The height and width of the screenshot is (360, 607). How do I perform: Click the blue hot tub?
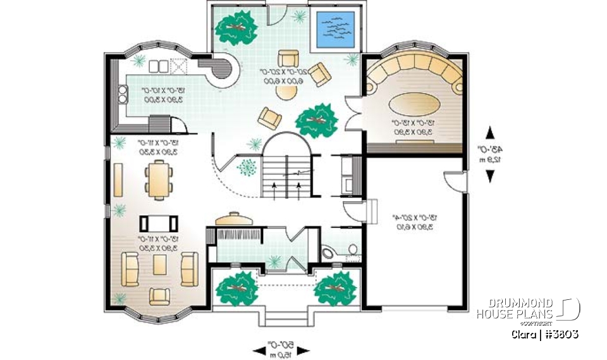[334, 28]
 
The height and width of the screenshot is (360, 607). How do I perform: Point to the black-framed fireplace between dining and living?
[158, 223]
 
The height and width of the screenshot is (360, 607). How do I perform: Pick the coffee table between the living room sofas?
[159, 266]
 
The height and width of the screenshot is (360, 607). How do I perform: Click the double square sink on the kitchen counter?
[159, 65]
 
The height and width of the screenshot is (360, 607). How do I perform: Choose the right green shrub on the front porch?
[336, 287]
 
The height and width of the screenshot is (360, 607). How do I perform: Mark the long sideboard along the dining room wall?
[118, 180]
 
